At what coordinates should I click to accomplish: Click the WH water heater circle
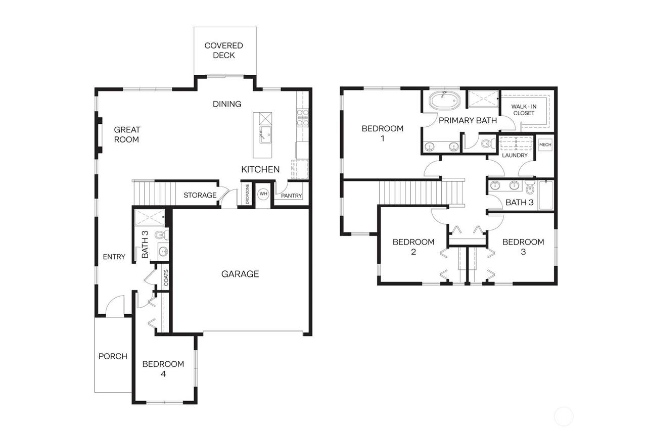[263, 194]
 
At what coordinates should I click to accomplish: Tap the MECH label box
[545, 145]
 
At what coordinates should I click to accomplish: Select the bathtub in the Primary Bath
[444, 101]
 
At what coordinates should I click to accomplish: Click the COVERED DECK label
[223, 50]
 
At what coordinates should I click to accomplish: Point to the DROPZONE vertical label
[247, 194]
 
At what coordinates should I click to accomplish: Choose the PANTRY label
[291, 196]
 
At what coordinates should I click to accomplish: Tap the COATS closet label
[166, 277]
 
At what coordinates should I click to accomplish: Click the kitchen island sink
[265, 134]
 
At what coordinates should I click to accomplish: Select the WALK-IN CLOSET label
[524, 110]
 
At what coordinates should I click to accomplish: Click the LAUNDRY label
[515, 155]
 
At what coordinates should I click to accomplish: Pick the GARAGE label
[240, 274]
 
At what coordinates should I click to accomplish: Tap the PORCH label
[113, 356]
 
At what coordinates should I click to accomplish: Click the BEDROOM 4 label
[163, 369]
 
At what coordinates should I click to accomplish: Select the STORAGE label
[200, 195]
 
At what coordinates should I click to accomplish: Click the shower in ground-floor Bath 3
[150, 218]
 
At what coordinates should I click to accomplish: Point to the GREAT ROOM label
[127, 134]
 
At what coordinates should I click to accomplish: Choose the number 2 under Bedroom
[413, 252]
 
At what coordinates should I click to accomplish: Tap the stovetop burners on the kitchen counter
[302, 118]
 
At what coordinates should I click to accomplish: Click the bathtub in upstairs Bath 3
[546, 195]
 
